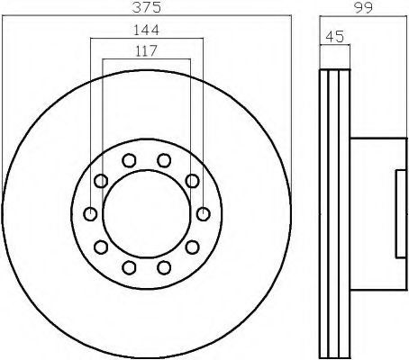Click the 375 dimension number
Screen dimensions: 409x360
147,7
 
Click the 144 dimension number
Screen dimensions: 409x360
146,30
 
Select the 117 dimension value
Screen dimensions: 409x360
146,50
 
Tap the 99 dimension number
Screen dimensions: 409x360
363,7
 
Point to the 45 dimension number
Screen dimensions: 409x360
335,37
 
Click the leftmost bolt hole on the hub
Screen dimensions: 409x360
90,214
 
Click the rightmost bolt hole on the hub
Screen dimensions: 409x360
204,214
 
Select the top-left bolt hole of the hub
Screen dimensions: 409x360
129,160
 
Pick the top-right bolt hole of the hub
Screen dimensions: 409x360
164,160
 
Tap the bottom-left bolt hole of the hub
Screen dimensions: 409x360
129,267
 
